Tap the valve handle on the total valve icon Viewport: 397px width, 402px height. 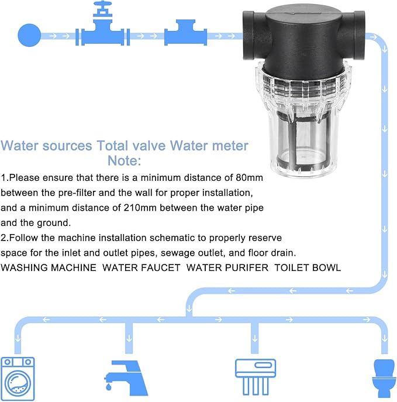[105, 10]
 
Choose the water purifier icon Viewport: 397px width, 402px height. [255, 374]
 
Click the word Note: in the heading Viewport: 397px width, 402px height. [124, 160]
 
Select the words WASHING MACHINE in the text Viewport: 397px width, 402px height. [49, 267]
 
